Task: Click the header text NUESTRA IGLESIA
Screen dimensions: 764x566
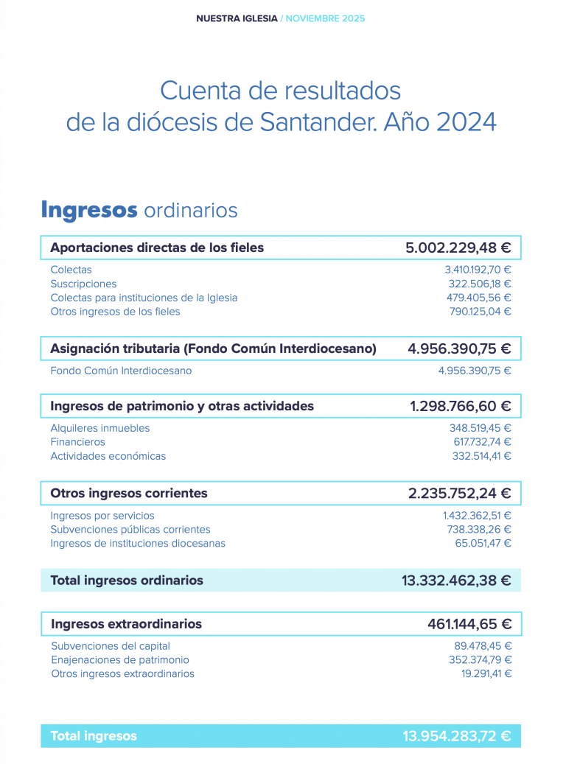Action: [x=237, y=18]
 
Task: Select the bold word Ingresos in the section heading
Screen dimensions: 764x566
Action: [x=89, y=210]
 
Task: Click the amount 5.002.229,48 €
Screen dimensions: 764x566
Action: [x=458, y=248]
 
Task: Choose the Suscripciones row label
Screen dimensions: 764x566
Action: [x=83, y=284]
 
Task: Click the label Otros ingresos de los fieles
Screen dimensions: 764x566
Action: [x=115, y=312]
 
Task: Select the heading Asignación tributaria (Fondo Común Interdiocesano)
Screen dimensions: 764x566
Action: [x=213, y=348]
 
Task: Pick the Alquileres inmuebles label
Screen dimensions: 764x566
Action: [x=99, y=428]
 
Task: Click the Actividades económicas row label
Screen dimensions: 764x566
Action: [x=108, y=456]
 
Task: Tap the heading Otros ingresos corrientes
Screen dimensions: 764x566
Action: [x=129, y=493]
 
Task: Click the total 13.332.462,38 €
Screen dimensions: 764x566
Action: [x=456, y=581]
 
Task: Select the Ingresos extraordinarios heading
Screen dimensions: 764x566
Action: [x=126, y=624]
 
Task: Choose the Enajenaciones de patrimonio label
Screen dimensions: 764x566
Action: [x=120, y=660]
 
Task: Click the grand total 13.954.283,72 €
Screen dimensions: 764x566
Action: [x=456, y=736]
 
